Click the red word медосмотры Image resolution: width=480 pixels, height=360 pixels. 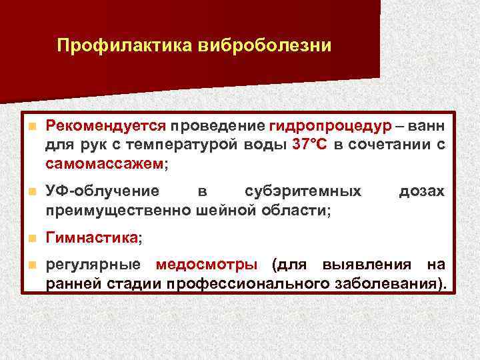(207, 265)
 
